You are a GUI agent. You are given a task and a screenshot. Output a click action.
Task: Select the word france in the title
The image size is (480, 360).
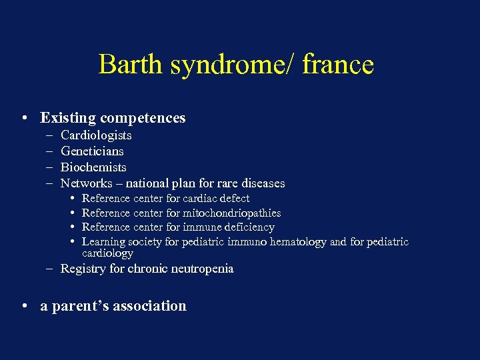coord(338,65)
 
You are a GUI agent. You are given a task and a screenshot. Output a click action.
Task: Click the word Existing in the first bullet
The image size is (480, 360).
coord(67,118)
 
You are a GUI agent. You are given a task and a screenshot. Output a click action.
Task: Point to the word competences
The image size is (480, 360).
coord(142,118)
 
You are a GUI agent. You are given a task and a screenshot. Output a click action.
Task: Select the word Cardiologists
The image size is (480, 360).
coord(96,135)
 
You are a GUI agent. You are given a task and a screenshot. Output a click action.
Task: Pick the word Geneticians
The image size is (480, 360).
coord(92,151)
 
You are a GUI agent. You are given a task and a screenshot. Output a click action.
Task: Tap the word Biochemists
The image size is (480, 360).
coord(93,167)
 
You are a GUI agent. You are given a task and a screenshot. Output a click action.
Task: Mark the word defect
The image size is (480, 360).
coord(233,199)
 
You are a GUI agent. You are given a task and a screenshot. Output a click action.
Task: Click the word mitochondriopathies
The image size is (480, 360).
coord(232,213)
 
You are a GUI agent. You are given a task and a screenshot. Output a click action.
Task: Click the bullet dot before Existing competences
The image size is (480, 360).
coord(24,118)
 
